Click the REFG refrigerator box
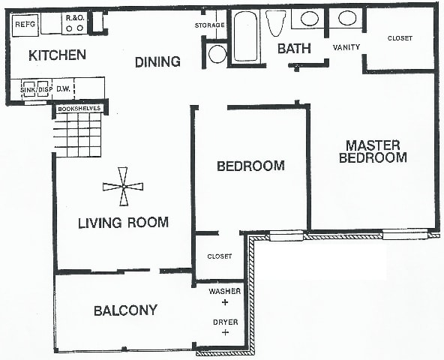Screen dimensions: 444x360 pyautogui.click(x=25, y=25)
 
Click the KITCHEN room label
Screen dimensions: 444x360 pyautogui.click(x=58, y=55)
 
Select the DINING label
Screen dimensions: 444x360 pyautogui.click(x=157, y=61)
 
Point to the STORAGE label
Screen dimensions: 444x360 pyautogui.click(x=210, y=25)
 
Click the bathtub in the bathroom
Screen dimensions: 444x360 pyautogui.click(x=246, y=36)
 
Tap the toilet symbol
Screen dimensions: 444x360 pyautogui.click(x=276, y=23)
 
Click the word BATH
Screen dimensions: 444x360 pyautogui.click(x=294, y=49)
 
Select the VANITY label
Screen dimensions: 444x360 pyautogui.click(x=346, y=47)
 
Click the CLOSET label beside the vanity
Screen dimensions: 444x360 pyautogui.click(x=400, y=38)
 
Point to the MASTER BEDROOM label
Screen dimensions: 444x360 pyautogui.click(x=373, y=151)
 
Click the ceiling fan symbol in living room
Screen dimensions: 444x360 pyautogui.click(x=123, y=186)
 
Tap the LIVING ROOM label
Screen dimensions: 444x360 pyautogui.click(x=123, y=223)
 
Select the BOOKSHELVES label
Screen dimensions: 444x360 pyautogui.click(x=79, y=109)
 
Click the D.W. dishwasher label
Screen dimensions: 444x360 pyautogui.click(x=63, y=89)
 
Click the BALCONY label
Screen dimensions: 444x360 pyautogui.click(x=125, y=310)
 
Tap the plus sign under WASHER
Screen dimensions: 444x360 pyautogui.click(x=225, y=302)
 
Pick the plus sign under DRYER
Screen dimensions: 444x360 pyautogui.click(x=226, y=332)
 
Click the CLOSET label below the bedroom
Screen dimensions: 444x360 pyautogui.click(x=220, y=256)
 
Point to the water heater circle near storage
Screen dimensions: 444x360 pyautogui.click(x=217, y=54)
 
